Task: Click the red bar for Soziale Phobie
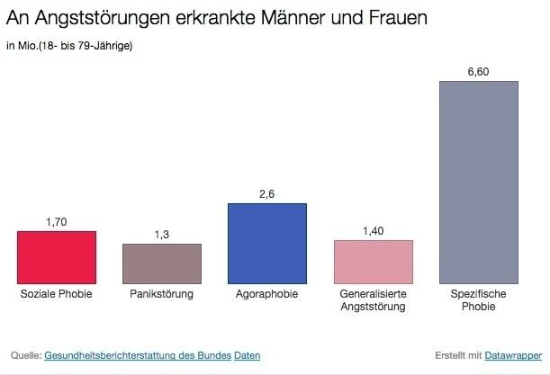pos(56,258)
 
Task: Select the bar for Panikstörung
pos(162,264)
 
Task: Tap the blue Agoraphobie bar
pos(267,244)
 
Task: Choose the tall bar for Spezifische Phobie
pos(478,183)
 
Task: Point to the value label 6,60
pos(478,72)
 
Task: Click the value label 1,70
pos(56,221)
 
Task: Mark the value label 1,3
pos(162,234)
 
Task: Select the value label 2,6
pos(267,193)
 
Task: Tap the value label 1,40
pos(374,230)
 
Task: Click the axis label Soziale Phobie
pos(56,294)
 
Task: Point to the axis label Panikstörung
pos(162,294)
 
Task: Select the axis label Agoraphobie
pos(267,294)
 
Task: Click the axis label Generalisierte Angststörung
pos(374,300)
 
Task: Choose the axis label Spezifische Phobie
pos(478,300)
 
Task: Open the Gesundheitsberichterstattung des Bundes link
pos(137,355)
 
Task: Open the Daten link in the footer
pos(247,355)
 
